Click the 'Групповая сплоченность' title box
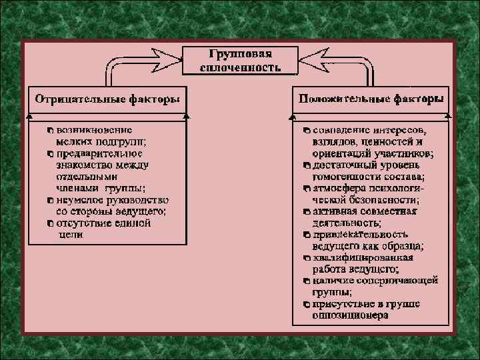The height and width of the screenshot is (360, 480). click(x=240, y=60)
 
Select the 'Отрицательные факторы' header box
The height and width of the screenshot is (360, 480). click(x=107, y=99)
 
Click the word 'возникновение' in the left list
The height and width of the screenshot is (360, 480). click(x=94, y=130)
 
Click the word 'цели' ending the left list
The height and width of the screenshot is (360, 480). click(x=71, y=235)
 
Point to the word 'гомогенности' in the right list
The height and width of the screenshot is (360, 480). click(x=344, y=177)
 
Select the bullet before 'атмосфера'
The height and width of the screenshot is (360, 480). click(x=307, y=188)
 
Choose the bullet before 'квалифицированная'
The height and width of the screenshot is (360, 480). click(x=307, y=258)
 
